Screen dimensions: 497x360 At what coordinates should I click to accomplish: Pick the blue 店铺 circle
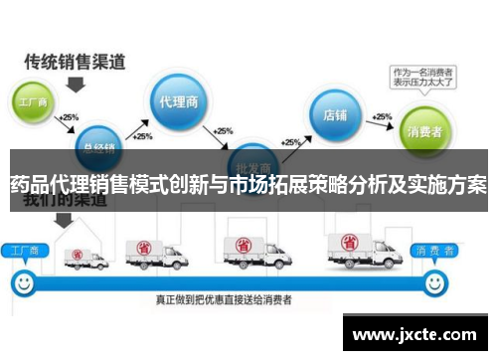335,114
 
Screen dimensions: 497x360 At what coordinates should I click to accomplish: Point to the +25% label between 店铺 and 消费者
382,114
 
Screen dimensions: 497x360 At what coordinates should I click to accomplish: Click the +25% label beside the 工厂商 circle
69,116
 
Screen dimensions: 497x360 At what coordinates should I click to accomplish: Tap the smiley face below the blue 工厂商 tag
21,282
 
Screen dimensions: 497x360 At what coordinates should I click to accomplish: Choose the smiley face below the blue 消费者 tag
434,282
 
